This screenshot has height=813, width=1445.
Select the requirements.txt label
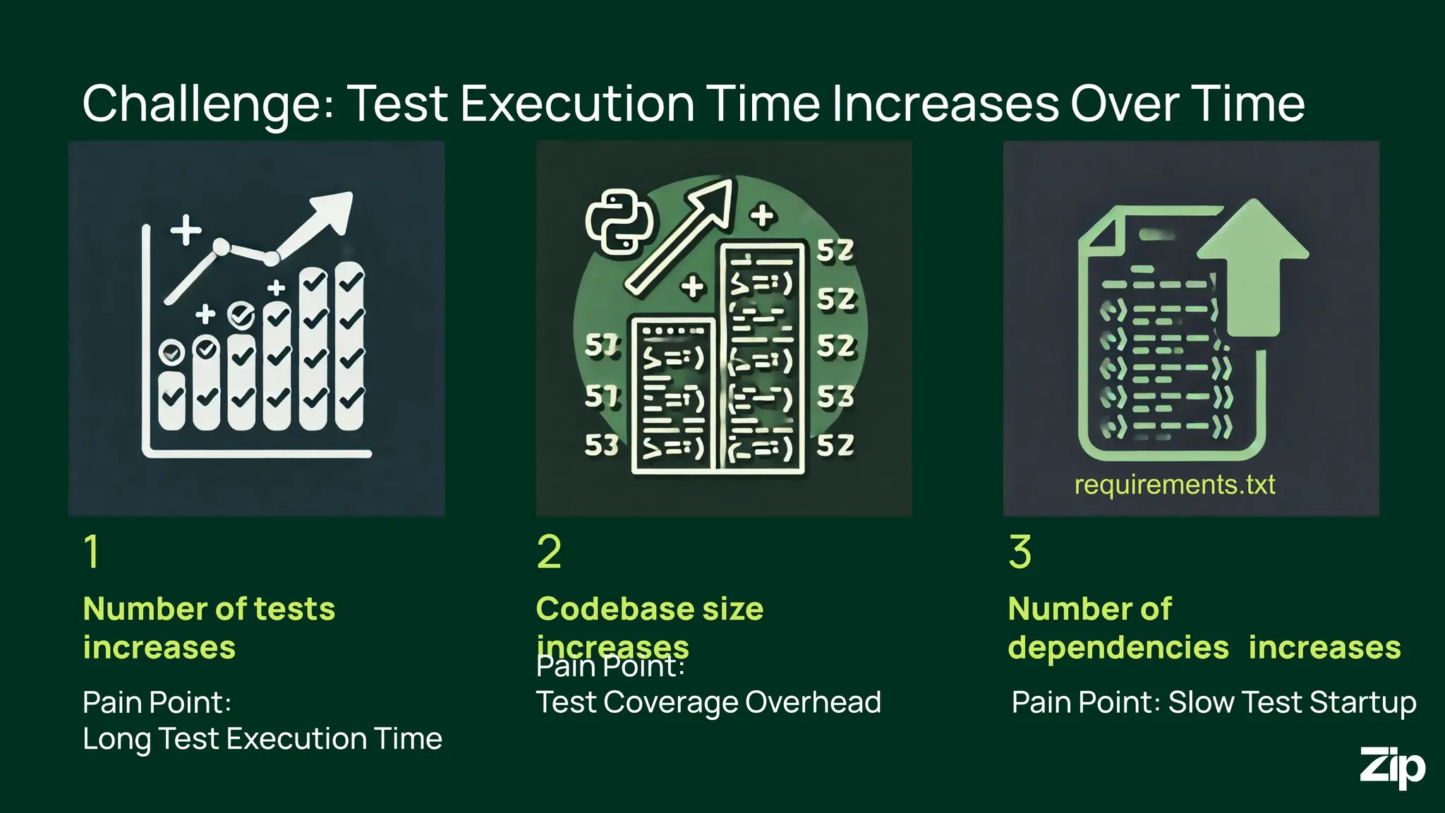click(1174, 485)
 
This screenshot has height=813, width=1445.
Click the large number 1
click(92, 551)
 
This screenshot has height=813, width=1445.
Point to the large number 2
click(549, 551)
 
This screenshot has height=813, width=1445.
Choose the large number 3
click(1020, 551)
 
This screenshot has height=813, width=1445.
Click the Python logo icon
click(619, 221)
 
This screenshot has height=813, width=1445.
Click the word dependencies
click(1118, 648)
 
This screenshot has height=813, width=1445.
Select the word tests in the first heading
click(294, 609)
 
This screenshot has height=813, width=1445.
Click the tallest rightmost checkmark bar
click(350, 346)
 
